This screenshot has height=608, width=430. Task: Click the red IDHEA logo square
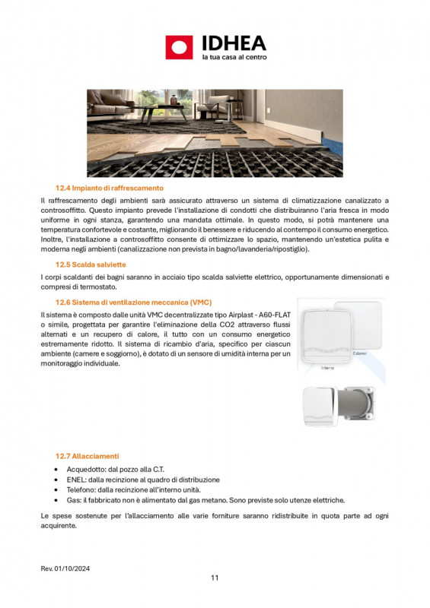[179, 47]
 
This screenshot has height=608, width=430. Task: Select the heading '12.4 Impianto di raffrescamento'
[109, 187]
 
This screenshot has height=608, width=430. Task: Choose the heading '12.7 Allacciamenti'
[87, 456]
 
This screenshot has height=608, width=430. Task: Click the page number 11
[215, 578]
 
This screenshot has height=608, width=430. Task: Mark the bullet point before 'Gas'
[59, 501]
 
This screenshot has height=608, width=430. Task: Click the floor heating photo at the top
[215, 134]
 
